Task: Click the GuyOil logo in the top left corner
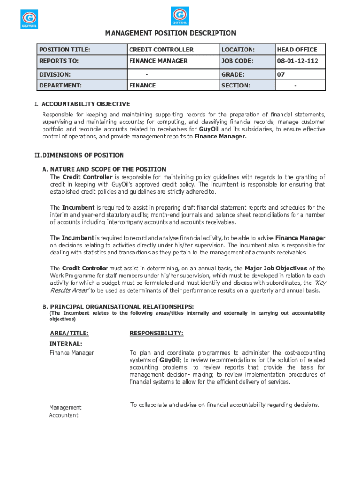[29, 19]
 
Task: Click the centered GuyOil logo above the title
[180, 16]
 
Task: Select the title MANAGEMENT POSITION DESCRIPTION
[170, 33]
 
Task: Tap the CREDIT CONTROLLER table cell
[161, 50]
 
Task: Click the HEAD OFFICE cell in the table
[297, 50]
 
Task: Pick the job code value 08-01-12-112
[297, 61]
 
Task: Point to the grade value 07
[281, 74]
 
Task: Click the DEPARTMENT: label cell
[60, 86]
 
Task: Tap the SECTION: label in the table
[236, 86]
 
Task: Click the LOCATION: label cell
[238, 50]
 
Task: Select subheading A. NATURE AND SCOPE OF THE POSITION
[104, 169]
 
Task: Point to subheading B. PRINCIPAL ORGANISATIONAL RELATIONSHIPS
[118, 306]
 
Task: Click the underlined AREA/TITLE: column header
[69, 333]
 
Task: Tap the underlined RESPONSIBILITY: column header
[156, 333]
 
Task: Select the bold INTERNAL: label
[66, 344]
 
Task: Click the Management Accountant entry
[65, 412]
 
